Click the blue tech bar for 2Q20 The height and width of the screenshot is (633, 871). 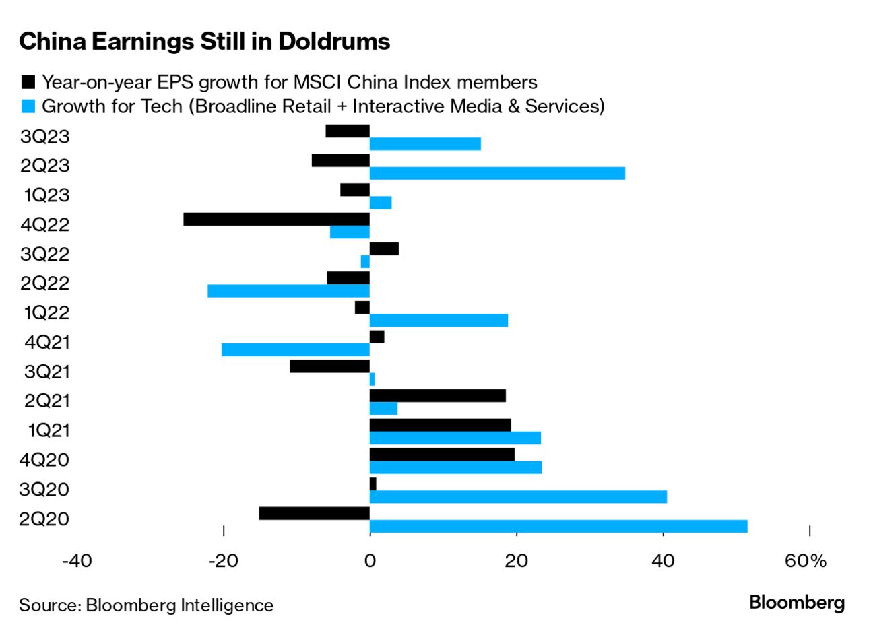pos(558,526)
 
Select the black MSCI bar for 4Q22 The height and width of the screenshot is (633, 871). pos(276,219)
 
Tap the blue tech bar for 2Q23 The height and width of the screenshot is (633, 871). pos(497,173)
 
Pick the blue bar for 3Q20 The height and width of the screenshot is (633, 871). pos(518,496)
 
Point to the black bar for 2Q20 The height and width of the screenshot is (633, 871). pos(314,513)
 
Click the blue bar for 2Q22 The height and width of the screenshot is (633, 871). pos(288,291)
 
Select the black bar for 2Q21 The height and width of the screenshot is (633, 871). pos(437,395)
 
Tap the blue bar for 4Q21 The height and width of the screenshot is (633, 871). pos(295,349)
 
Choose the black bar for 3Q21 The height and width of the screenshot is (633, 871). pos(329,366)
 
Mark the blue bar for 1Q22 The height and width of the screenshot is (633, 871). pos(439,320)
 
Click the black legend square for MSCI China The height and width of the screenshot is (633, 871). pos(28,82)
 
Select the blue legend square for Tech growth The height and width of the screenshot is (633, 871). pos(28,106)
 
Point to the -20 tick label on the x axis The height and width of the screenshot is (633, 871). pos(223,560)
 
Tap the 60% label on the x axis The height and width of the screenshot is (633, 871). pos(806,560)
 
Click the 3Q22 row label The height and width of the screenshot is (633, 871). pos(45,254)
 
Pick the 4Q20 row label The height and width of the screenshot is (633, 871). pos(45,460)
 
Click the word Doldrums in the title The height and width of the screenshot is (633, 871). pos(334,42)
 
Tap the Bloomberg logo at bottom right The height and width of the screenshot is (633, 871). pos(797,602)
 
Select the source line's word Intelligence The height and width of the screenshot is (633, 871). pos(227,605)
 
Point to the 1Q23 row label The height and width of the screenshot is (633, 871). pos(46,195)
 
